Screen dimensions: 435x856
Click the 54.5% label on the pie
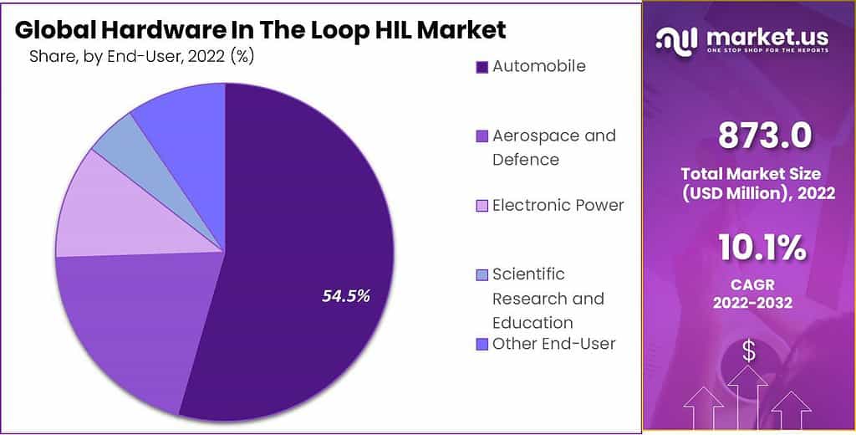click(346, 295)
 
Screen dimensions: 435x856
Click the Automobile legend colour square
click(481, 67)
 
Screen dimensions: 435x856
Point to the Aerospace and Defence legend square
click(481, 136)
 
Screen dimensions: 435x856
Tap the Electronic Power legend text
click(558, 205)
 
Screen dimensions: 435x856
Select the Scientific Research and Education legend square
click(481, 274)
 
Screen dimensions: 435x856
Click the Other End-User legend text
click(553, 343)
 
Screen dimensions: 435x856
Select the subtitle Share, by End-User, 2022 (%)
click(141, 57)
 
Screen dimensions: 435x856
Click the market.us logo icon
click(676, 38)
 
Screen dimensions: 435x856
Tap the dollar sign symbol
click(749, 352)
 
